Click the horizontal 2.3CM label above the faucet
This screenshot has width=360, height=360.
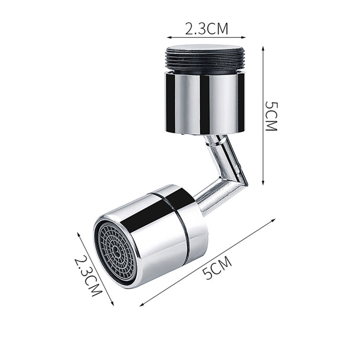pos(206,29)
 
